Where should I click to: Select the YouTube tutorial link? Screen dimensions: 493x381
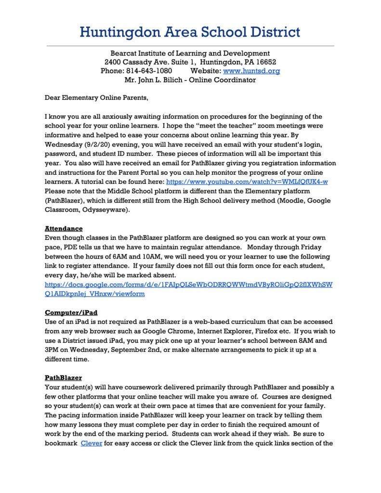click(247, 182)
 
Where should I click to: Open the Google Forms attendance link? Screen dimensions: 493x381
click(188, 285)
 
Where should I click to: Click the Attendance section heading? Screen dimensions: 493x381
click(64, 228)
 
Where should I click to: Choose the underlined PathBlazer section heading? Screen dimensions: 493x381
click(63, 378)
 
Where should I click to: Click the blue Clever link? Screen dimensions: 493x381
click(91, 443)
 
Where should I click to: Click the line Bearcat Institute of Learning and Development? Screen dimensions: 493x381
click(190, 53)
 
